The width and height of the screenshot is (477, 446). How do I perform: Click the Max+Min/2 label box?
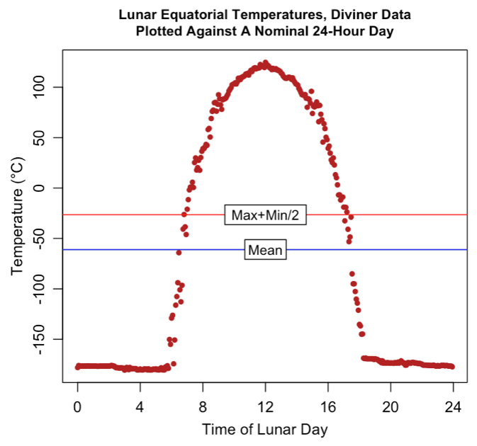[265, 215]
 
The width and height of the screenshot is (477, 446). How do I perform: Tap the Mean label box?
[266, 250]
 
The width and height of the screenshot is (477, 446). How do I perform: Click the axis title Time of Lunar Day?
[265, 429]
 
